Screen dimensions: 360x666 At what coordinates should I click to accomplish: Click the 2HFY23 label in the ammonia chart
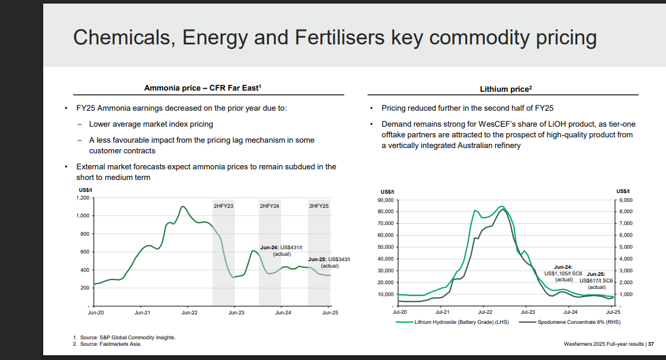click(x=223, y=205)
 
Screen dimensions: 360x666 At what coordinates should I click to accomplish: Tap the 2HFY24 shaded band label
click(x=269, y=205)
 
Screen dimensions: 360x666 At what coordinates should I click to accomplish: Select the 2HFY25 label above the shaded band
click(x=318, y=205)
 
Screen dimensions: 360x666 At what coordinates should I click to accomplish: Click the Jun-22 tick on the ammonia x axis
click(x=188, y=312)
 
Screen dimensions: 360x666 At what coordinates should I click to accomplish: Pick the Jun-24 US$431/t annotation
click(x=281, y=250)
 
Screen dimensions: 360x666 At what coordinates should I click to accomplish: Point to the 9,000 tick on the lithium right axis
click(x=626, y=200)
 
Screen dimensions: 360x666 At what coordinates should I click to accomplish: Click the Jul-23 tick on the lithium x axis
click(x=527, y=311)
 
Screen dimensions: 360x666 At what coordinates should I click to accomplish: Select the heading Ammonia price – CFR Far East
click(x=202, y=88)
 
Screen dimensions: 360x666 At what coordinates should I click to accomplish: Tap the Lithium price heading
click(x=506, y=89)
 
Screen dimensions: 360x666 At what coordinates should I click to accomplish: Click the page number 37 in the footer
click(x=651, y=344)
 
